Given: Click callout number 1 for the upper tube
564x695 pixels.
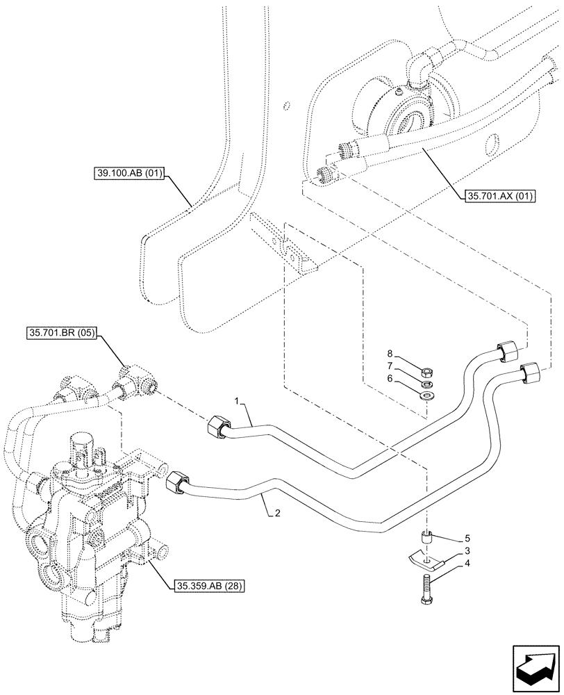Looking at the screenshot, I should (237, 402).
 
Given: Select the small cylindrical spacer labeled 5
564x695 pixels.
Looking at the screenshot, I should (427, 537).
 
